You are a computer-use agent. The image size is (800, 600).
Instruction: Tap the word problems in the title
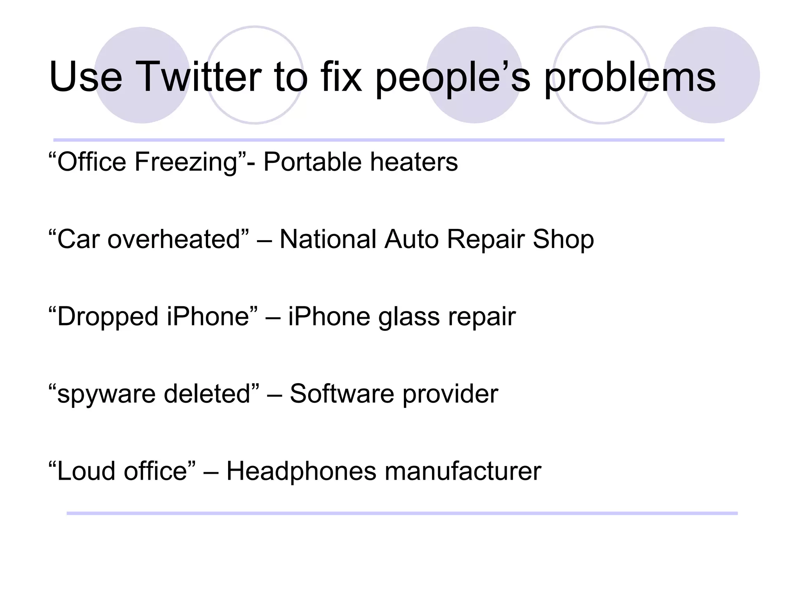630,78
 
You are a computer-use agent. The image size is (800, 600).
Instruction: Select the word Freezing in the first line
186,162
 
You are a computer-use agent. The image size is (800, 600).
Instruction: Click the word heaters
414,162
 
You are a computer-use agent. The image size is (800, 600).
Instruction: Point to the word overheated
173,239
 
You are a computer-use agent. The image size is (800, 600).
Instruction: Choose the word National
328,239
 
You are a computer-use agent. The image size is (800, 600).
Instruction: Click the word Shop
563,239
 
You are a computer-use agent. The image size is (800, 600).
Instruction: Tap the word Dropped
108,316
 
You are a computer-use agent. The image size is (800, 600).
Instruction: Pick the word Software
342,394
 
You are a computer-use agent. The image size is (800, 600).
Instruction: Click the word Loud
86,471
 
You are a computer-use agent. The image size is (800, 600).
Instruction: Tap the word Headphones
301,471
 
